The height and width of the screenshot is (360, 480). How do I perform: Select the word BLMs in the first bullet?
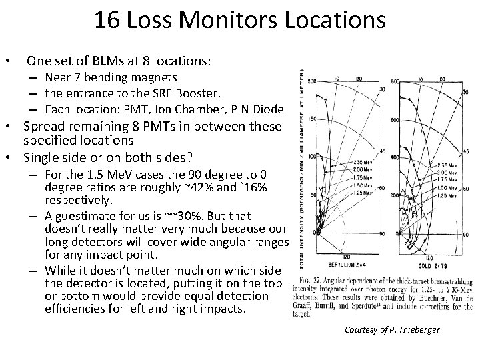click(103, 61)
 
